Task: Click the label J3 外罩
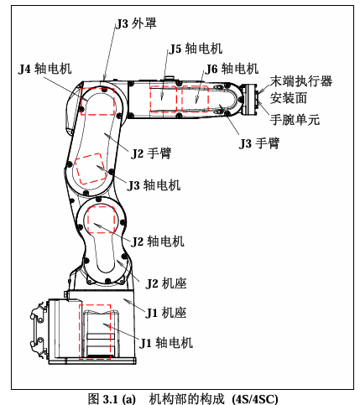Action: [x=136, y=23]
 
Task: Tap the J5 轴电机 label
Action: [x=196, y=49]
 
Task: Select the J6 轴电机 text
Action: [x=232, y=69]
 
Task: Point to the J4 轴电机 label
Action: [x=45, y=69]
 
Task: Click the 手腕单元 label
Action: [x=295, y=120]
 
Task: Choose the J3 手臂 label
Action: [x=259, y=143]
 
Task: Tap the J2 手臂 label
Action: [x=151, y=153]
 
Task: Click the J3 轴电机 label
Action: [x=154, y=185]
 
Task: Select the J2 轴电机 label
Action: [x=158, y=241]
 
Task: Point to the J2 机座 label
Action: [x=166, y=283]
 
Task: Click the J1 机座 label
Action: [x=166, y=313]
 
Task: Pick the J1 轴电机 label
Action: [x=166, y=343]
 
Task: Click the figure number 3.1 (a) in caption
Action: [x=119, y=398]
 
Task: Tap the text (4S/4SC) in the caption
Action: [x=255, y=398]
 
